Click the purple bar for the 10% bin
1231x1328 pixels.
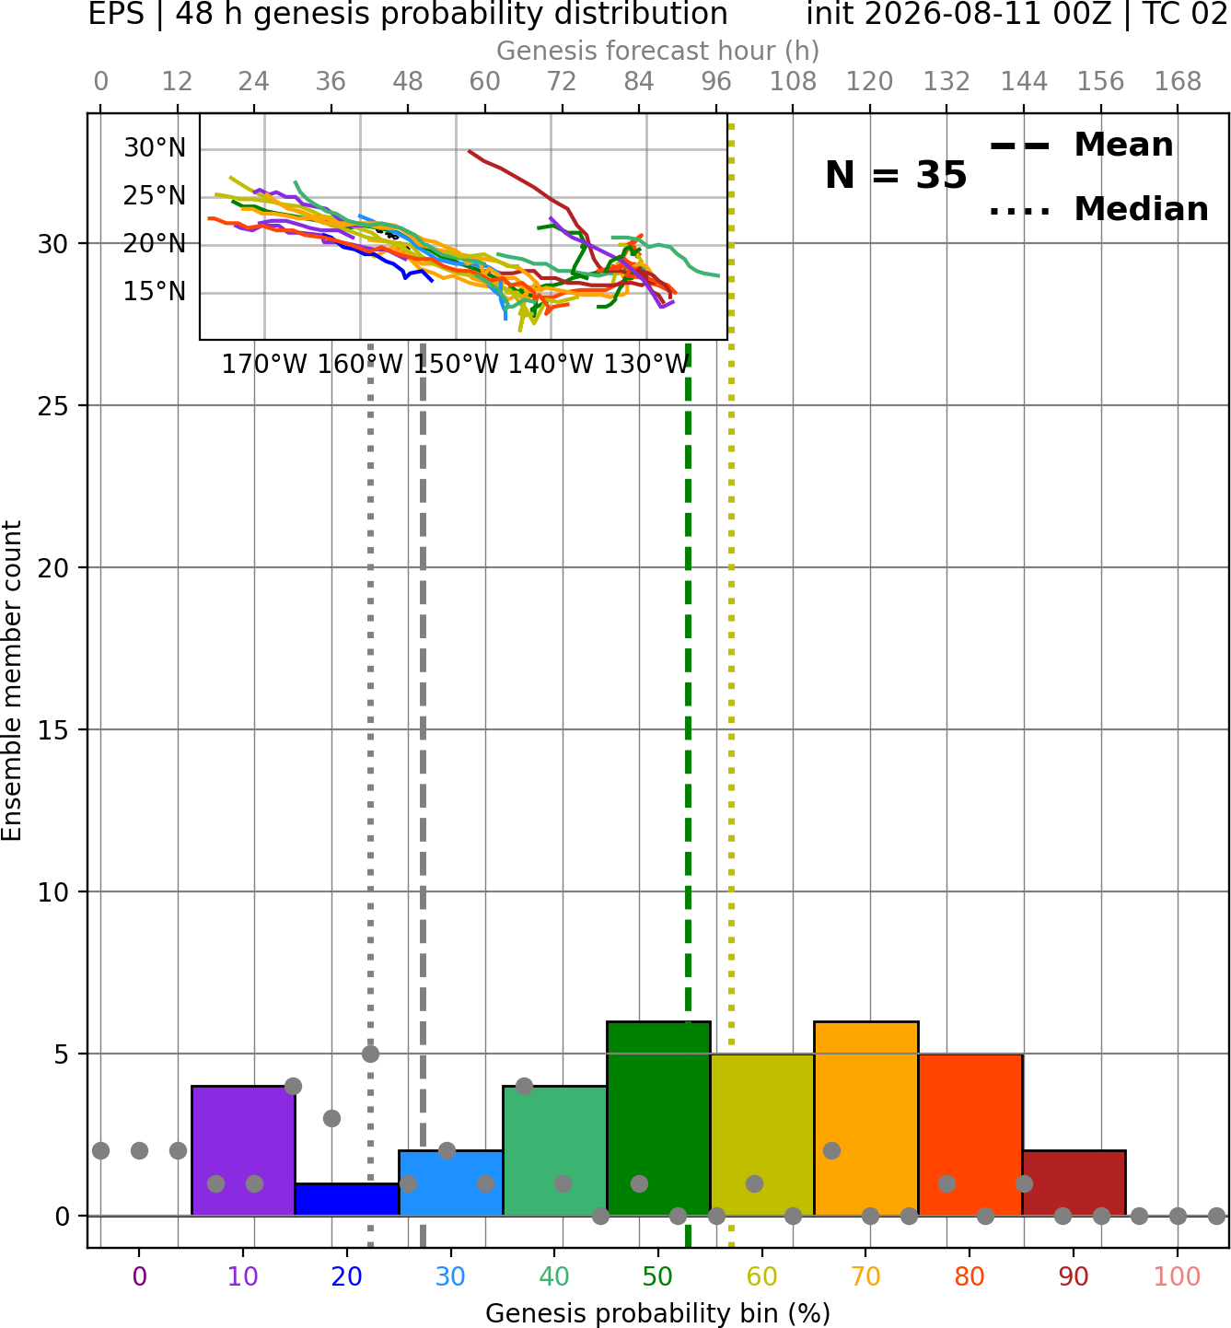243,1151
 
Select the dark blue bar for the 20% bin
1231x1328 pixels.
347,1200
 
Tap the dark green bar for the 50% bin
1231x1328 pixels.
658,1119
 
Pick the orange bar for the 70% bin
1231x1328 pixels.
866,1119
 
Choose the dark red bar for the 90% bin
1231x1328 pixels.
1074,1183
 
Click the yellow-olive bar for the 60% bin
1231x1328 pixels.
762,1135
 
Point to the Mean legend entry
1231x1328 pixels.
1082,145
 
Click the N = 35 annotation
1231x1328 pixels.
896,175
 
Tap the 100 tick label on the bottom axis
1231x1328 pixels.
1178,1276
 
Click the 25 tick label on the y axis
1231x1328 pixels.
53,406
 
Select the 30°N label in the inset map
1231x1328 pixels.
155,147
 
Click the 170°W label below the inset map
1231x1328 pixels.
264,365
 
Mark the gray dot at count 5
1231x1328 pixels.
370,1054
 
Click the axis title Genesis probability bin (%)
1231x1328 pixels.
658,1313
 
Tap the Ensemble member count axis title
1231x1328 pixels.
12,681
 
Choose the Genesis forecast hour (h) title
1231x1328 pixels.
658,51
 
